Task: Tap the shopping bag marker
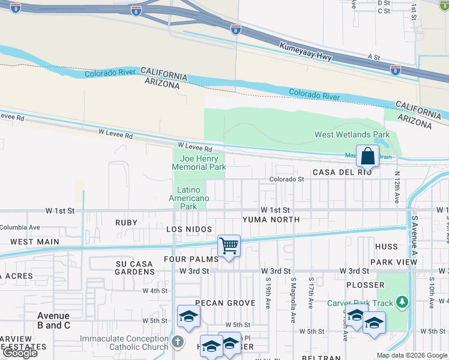(367, 157)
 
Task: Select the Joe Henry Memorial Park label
(198, 163)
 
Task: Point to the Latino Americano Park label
(188, 198)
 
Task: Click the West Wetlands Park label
(352, 134)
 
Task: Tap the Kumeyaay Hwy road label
(306, 53)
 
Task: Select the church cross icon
(177, 342)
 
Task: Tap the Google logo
(20, 353)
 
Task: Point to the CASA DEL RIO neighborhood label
(342, 172)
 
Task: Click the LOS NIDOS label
(188, 230)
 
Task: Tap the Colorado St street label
(286, 179)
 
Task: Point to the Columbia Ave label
(20, 227)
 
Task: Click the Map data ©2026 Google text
(411, 355)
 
